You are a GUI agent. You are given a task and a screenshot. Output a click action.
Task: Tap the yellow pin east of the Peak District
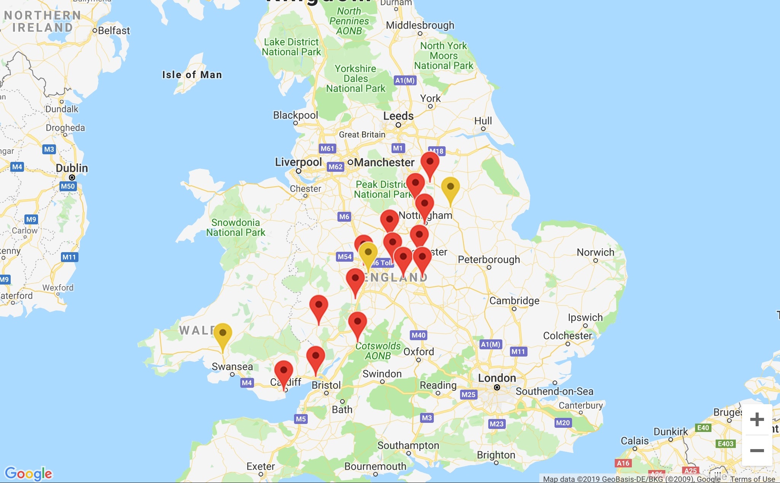[x=450, y=187]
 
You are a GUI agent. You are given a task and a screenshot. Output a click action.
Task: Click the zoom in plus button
[x=757, y=419]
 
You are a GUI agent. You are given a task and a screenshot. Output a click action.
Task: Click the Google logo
[x=29, y=473]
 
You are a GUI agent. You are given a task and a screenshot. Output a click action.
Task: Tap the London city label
[x=497, y=378]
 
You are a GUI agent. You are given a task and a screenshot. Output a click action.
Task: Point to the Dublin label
[x=72, y=168]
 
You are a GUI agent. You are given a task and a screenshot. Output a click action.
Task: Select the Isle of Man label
[x=192, y=75]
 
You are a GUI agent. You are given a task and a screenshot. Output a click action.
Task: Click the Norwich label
[x=595, y=252]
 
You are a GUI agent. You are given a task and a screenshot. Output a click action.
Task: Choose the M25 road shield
[x=468, y=394]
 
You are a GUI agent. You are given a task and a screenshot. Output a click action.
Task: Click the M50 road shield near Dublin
[x=68, y=186]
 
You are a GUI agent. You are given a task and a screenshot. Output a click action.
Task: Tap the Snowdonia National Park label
[x=235, y=227]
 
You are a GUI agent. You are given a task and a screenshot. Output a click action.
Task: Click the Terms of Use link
[x=752, y=479]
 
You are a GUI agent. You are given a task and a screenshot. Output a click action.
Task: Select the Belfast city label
[x=113, y=30]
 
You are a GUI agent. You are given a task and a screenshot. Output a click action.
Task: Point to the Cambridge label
[x=514, y=301]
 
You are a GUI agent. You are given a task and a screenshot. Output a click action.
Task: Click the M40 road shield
[x=418, y=335]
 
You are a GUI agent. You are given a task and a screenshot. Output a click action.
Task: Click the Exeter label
[x=261, y=466]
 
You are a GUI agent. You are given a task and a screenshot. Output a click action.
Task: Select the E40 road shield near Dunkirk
[x=703, y=428]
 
